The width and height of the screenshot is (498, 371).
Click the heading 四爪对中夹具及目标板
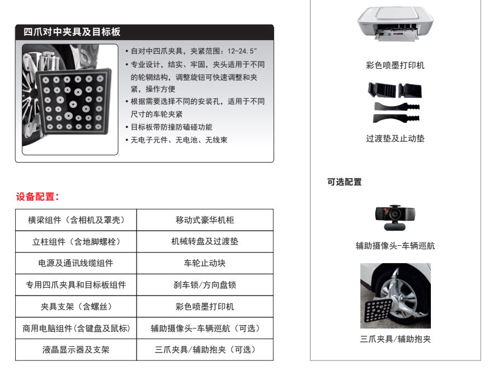click(x=72, y=32)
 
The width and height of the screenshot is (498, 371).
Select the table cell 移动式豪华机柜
click(x=205, y=220)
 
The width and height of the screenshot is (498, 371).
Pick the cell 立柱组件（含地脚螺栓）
click(x=76, y=241)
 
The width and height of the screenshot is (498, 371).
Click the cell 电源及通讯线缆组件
click(x=76, y=263)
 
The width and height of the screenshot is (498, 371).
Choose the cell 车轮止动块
click(x=205, y=263)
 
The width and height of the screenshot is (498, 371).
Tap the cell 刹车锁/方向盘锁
click(x=205, y=285)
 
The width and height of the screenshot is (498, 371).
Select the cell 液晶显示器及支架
click(x=76, y=350)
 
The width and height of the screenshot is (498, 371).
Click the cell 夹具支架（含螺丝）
click(x=76, y=307)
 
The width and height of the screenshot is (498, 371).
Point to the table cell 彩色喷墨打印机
click(x=205, y=307)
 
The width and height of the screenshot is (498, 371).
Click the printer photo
click(x=395, y=23)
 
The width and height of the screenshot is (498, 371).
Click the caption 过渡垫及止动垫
click(x=395, y=139)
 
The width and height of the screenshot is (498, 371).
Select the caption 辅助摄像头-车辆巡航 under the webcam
click(x=395, y=246)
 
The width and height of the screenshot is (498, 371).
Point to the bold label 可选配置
click(x=345, y=182)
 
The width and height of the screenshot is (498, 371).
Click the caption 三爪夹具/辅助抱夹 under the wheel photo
click(x=395, y=339)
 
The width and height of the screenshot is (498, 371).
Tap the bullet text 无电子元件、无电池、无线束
click(x=179, y=140)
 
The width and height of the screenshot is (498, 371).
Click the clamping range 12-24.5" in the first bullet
click(x=242, y=51)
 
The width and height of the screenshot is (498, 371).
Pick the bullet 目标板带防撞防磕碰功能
click(x=172, y=127)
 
